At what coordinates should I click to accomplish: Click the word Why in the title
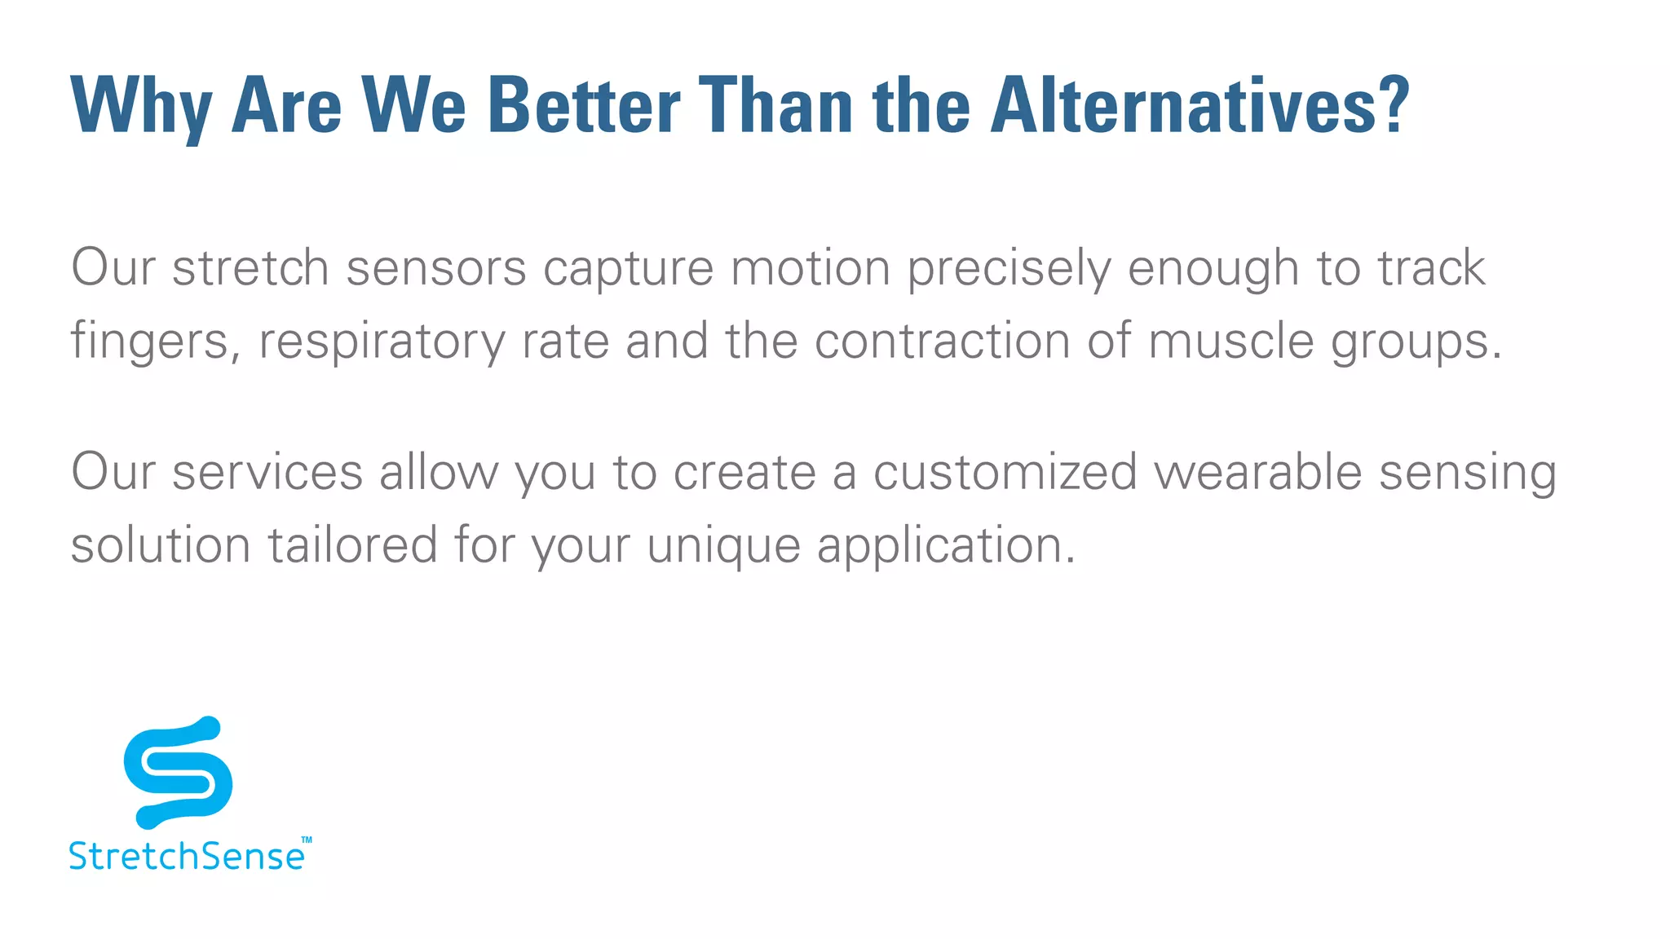(141, 106)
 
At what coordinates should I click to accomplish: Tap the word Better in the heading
(583, 106)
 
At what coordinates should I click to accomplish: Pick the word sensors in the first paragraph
(436, 269)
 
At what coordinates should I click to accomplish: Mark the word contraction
(942, 340)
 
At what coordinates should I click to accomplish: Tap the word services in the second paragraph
(267, 473)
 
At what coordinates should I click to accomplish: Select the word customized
(1005, 473)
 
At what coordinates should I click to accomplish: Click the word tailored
(353, 544)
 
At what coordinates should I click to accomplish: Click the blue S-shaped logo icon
(178, 771)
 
